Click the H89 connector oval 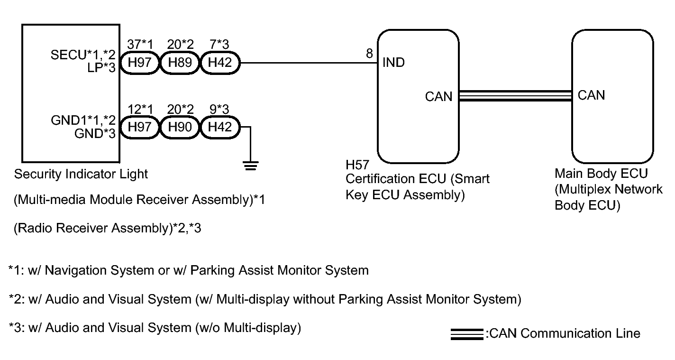tap(180, 63)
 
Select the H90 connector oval tap(180, 127)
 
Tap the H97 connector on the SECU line tap(140, 63)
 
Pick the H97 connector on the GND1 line tap(140, 127)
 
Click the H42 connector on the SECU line tap(220, 63)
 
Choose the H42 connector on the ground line tap(220, 127)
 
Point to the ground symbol tap(250, 166)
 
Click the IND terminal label tap(393, 63)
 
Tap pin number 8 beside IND tap(369, 54)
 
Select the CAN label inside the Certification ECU tap(439, 97)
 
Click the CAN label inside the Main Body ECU tap(591, 95)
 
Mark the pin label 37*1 tap(140, 44)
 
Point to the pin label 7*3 tap(219, 44)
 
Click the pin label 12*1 tap(140, 109)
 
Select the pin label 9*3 tap(219, 109)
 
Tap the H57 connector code tap(357, 165)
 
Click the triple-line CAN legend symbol tap(467, 334)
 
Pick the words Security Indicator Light tap(81, 174)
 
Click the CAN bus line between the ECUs tap(515, 96)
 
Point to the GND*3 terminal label tap(95, 134)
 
